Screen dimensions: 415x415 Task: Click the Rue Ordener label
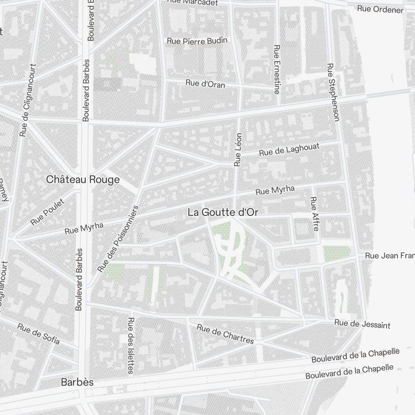tap(381, 9)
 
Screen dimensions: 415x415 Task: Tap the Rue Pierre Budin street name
tap(197, 41)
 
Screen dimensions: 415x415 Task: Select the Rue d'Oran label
tap(205, 84)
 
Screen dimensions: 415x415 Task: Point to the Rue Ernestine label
tap(277, 69)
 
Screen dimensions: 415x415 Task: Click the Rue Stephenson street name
tap(333, 92)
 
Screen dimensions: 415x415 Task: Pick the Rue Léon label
tap(238, 149)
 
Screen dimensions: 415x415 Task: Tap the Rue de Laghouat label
tap(289, 150)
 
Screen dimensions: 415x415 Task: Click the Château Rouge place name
tap(83, 180)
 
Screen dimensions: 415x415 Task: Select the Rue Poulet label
tap(48, 212)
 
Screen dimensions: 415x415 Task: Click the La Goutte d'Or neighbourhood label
tap(223, 212)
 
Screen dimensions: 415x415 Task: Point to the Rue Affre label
tap(314, 214)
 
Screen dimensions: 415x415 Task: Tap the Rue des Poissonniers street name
tap(120, 239)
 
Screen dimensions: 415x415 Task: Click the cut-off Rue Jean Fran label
tap(389, 256)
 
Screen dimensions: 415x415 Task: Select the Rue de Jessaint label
tap(362, 323)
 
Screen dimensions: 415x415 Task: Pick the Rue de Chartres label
tap(225, 334)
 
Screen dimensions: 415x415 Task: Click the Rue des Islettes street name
tap(131, 345)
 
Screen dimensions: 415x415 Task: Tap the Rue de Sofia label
tap(38, 334)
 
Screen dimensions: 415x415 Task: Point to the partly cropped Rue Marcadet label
tap(192, 2)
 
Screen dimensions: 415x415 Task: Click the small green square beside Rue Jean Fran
tap(337, 253)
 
